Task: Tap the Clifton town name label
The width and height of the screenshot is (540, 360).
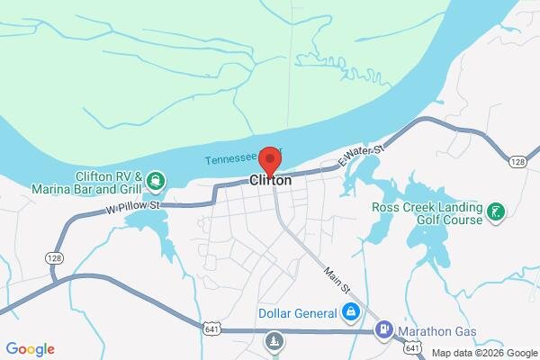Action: click(270, 180)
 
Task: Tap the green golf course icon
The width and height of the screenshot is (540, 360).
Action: click(494, 212)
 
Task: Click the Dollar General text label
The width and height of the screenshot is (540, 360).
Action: click(296, 313)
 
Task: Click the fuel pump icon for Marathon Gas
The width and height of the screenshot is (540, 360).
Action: click(385, 330)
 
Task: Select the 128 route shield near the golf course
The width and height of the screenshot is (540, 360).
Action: click(516, 161)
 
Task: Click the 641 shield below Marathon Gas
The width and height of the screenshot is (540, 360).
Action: click(412, 347)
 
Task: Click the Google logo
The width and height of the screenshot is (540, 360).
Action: click(30, 349)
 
